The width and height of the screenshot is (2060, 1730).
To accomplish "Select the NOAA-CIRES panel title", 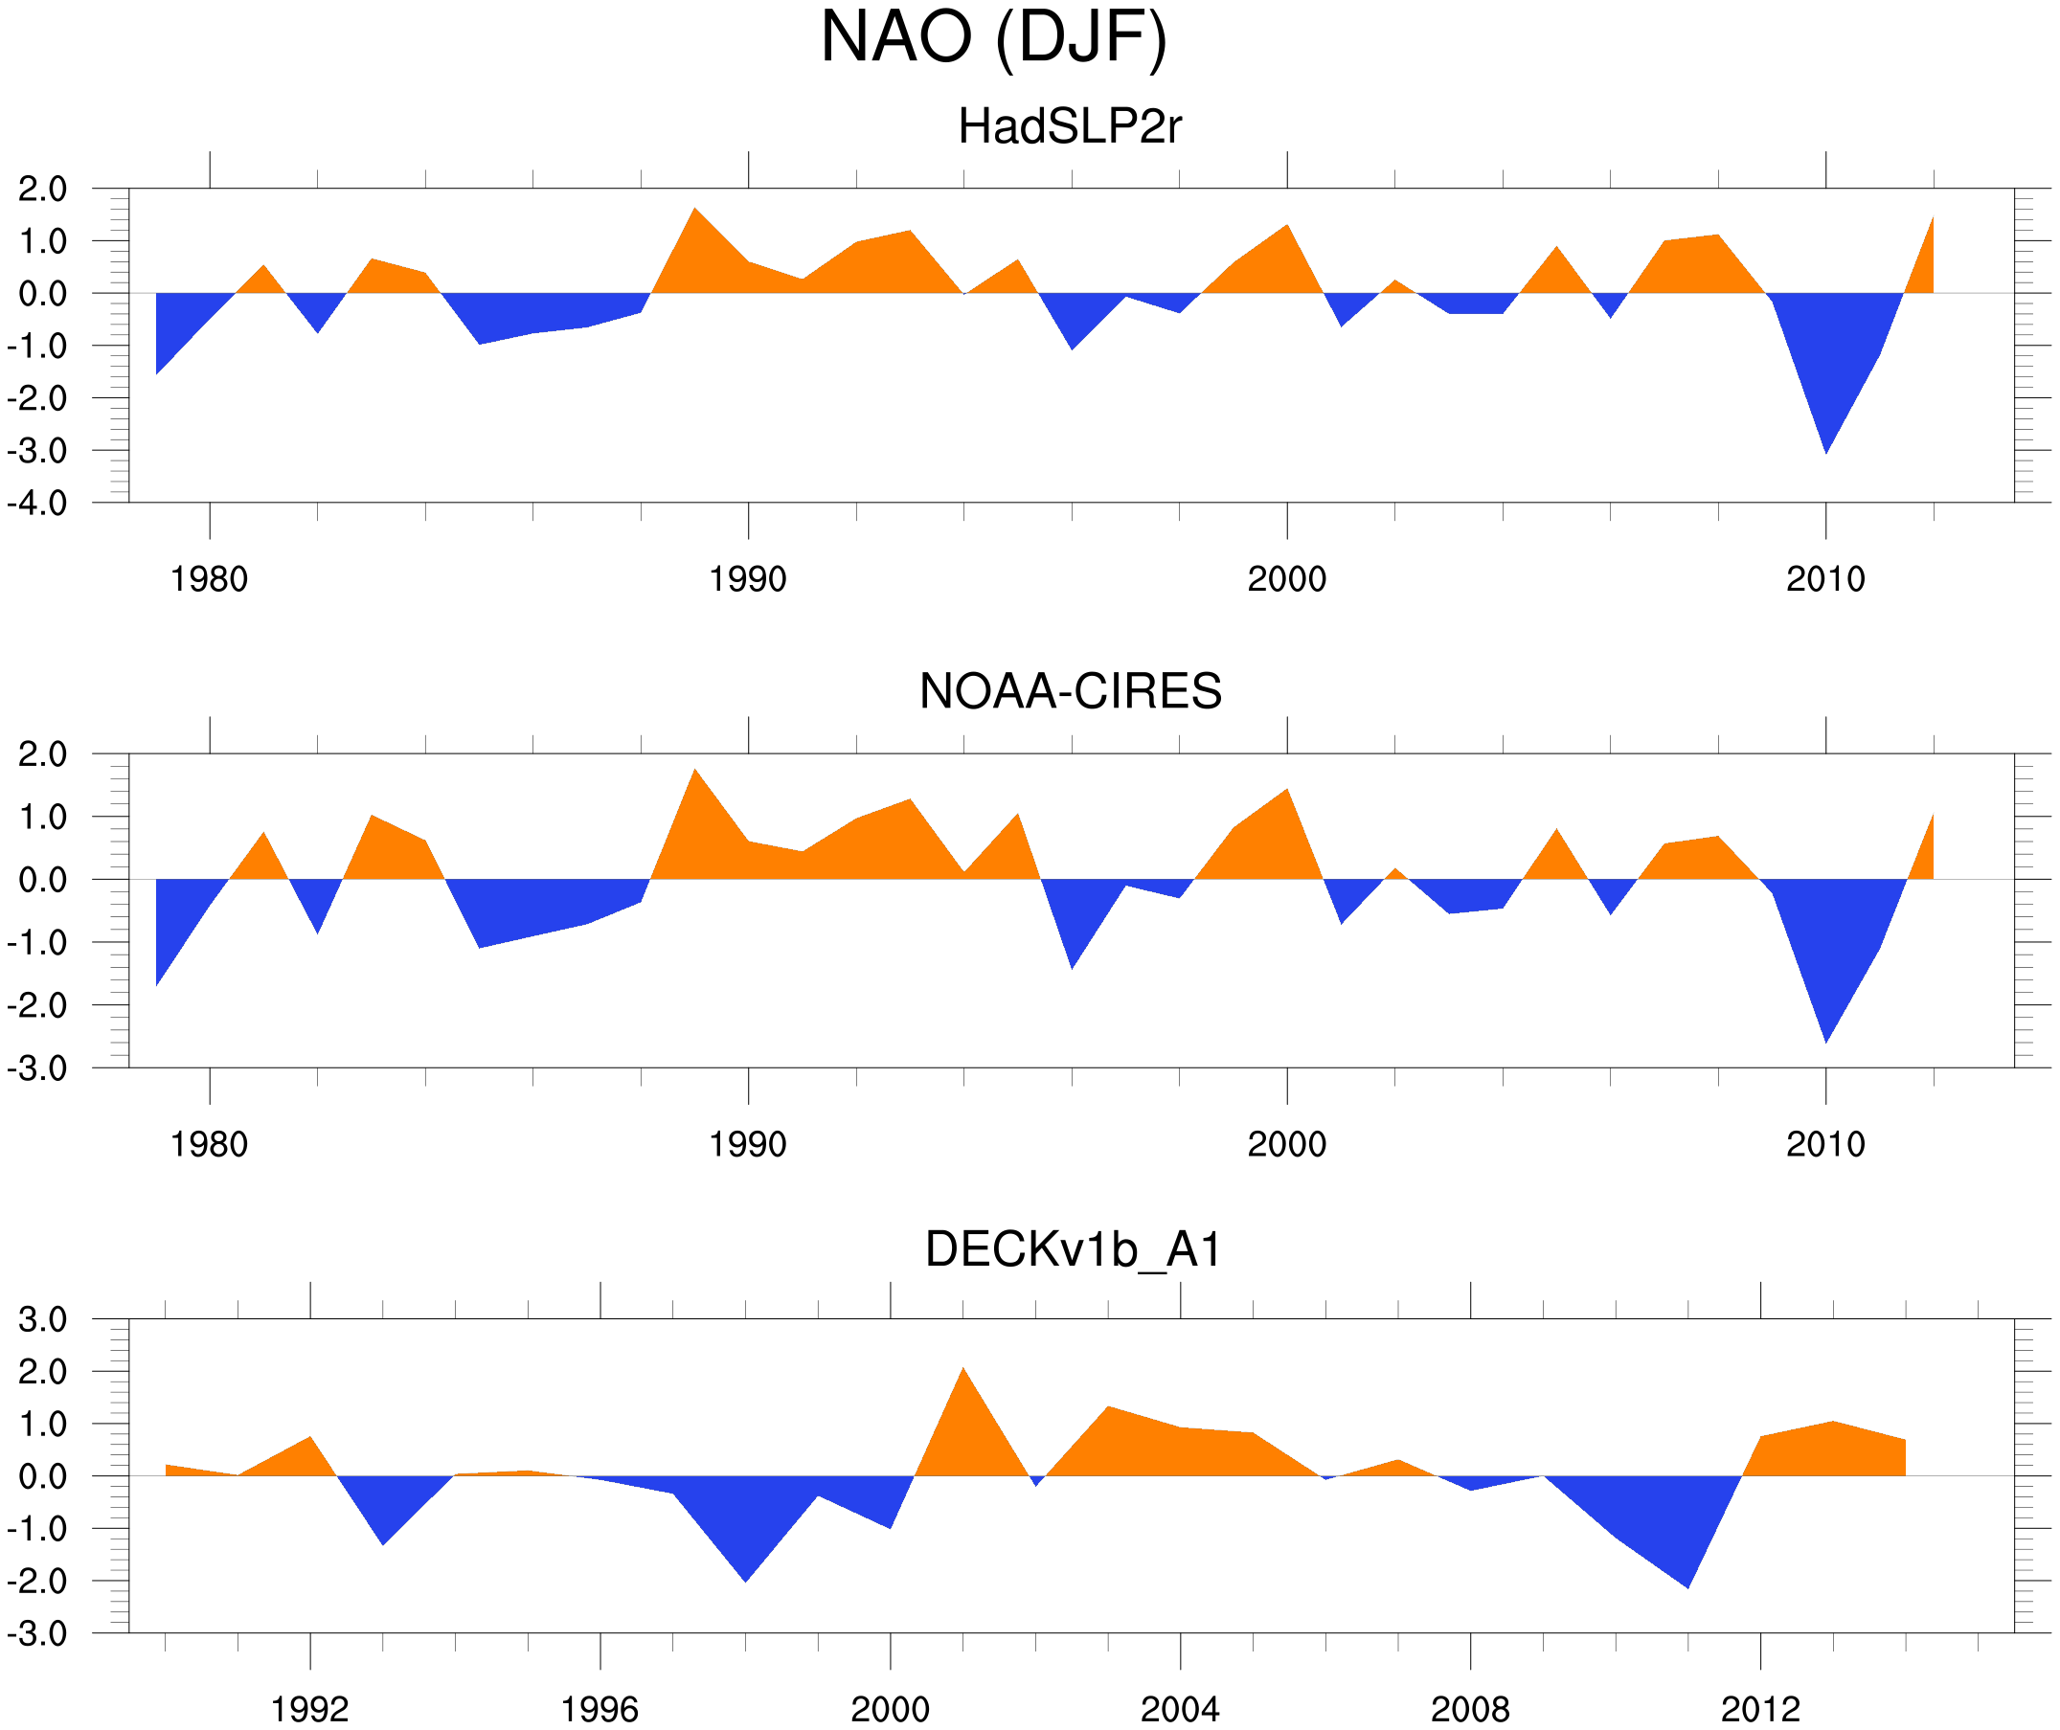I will coord(1069,691).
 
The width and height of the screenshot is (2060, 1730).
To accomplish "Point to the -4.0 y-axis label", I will coord(37,505).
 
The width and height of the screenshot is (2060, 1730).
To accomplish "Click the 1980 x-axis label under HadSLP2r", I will coord(209,579).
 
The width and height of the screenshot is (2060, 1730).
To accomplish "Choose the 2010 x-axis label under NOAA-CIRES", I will coord(1824,1144).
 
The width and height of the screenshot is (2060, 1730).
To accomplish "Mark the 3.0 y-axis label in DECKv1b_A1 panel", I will coord(43,1320).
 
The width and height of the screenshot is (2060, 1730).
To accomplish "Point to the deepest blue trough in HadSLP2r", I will coord(1825,446).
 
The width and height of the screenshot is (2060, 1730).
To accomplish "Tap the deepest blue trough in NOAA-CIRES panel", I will coord(1825,1036).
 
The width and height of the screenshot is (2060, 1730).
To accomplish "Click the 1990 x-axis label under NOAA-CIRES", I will coord(748,1144).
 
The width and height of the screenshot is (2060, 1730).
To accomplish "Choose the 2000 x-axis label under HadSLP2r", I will coord(1286,579).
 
